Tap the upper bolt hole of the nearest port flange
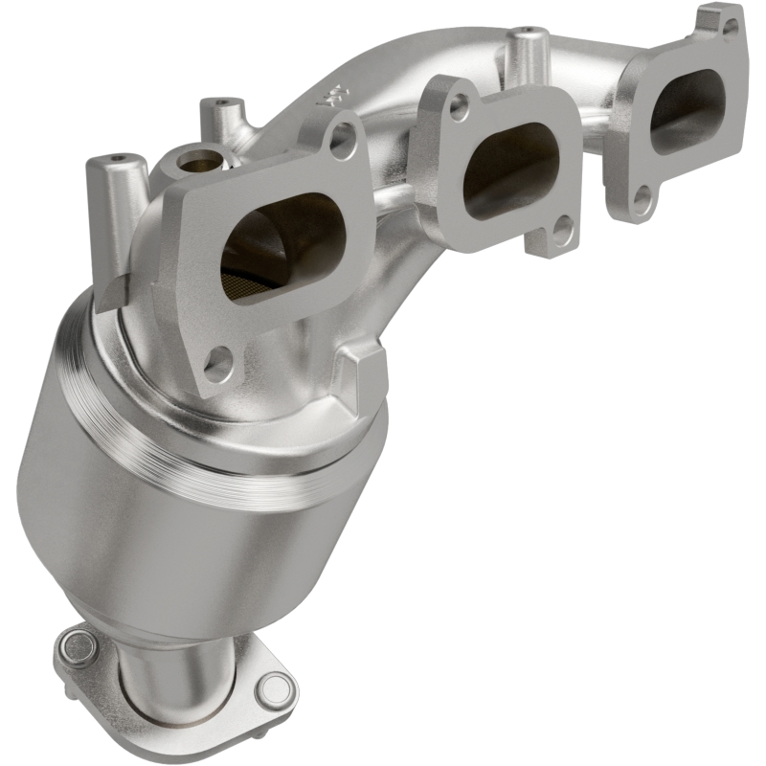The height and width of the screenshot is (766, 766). click(x=342, y=140)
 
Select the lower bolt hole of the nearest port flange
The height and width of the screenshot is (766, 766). click(x=219, y=365)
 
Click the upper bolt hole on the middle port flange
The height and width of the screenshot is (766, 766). click(x=461, y=107)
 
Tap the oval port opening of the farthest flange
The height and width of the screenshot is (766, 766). click(x=686, y=110)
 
